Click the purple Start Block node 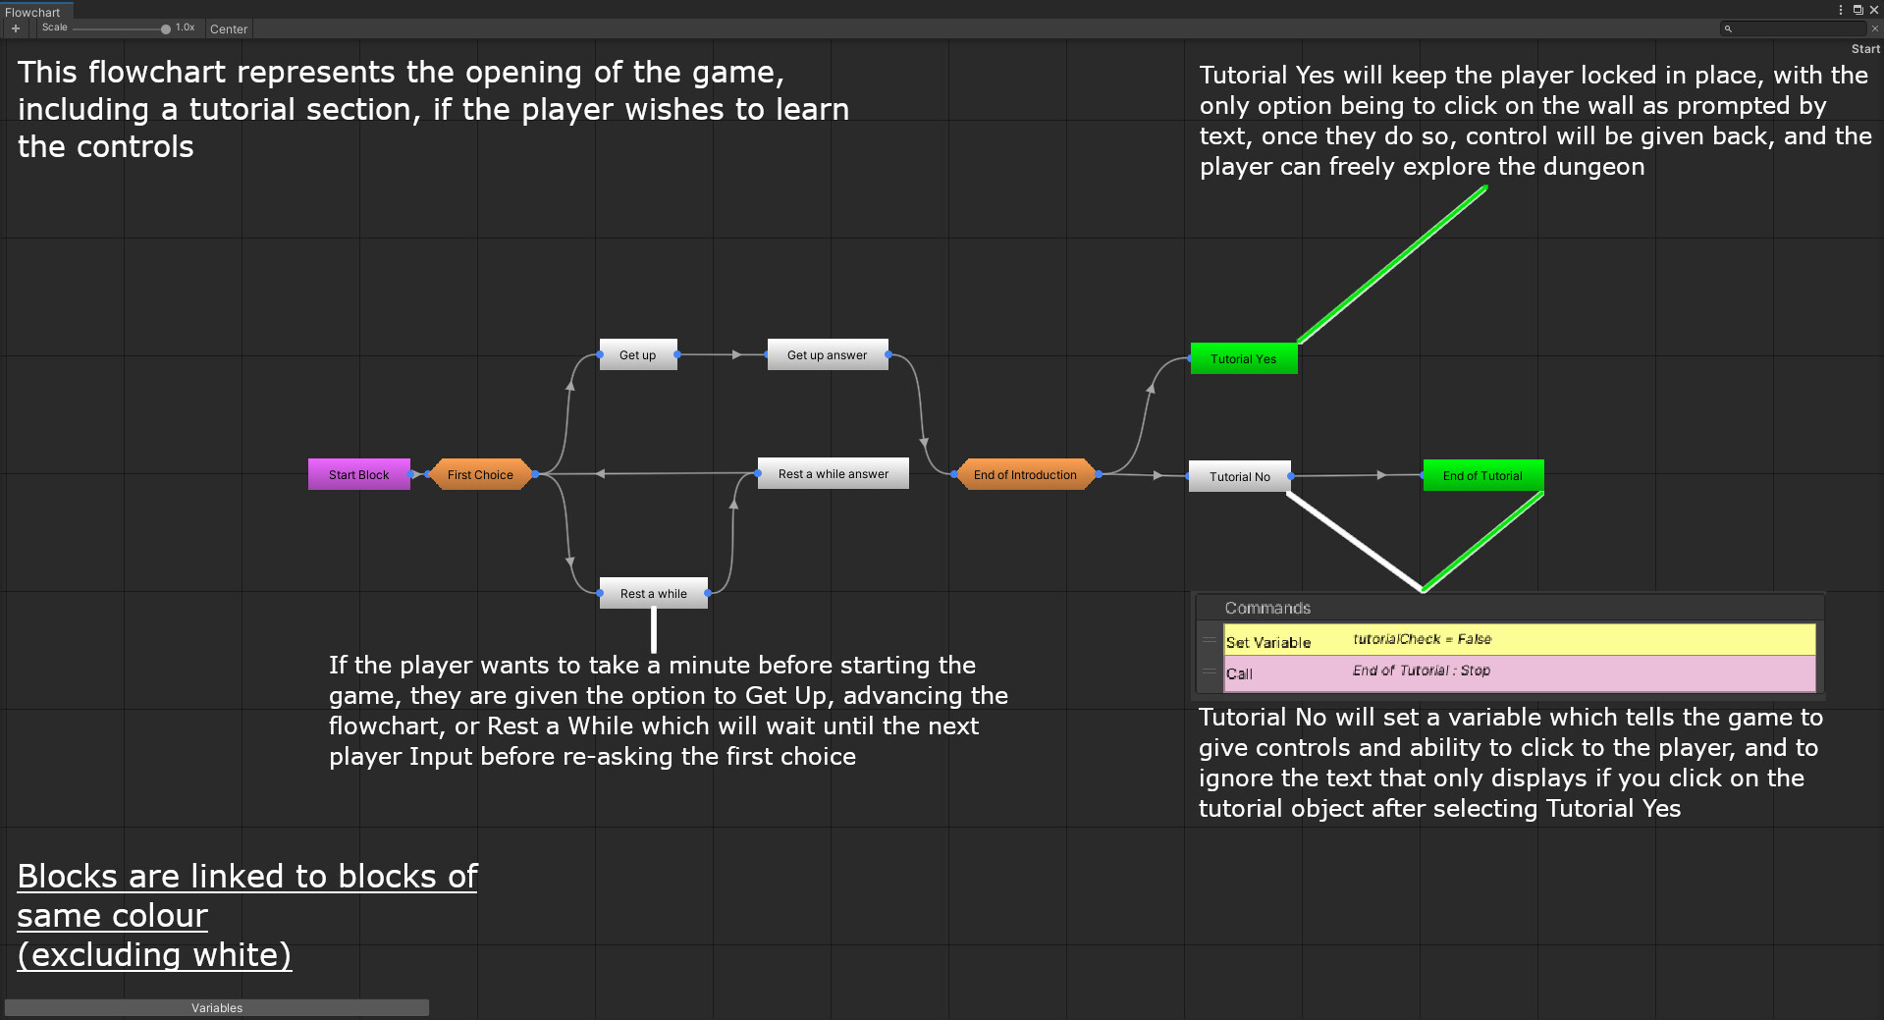pyautogui.click(x=358, y=474)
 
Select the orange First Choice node pyautogui.click(x=480, y=474)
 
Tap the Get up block pyautogui.click(x=637, y=354)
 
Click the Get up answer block pyautogui.click(x=827, y=354)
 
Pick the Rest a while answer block pyautogui.click(x=833, y=473)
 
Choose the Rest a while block pyautogui.click(x=653, y=593)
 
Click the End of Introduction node pyautogui.click(x=1025, y=474)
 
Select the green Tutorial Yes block pyautogui.click(x=1243, y=358)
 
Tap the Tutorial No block pyautogui.click(x=1239, y=476)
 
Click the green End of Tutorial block pyautogui.click(x=1482, y=475)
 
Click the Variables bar pyautogui.click(x=217, y=1007)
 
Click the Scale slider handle pyautogui.click(x=166, y=28)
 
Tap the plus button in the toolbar pyautogui.click(x=16, y=28)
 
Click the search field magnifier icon pyautogui.click(x=1728, y=28)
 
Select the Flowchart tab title pyautogui.click(x=32, y=12)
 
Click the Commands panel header pyautogui.click(x=1267, y=608)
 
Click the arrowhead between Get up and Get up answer pyautogui.click(x=736, y=354)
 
